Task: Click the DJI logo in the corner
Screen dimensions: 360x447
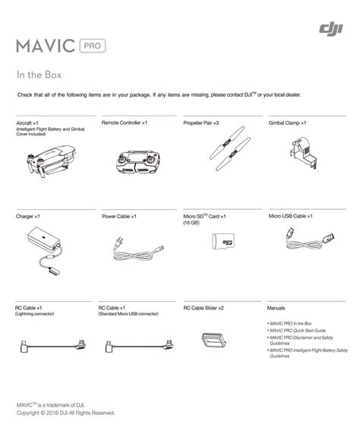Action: [x=331, y=29]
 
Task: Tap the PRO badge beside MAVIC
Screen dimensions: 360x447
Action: [x=93, y=46]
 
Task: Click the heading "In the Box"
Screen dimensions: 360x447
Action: [x=39, y=75]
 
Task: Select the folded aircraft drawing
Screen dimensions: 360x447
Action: [x=51, y=161]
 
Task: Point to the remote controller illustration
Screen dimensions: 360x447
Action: [x=138, y=162]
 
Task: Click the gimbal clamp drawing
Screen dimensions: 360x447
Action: [x=302, y=152]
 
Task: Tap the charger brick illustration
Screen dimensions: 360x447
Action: [x=43, y=239]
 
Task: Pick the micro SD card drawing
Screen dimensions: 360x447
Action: [x=223, y=241]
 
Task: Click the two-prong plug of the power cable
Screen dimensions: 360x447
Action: [x=118, y=243]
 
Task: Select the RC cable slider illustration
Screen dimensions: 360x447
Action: [x=214, y=340]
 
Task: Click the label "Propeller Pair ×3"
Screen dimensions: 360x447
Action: [x=201, y=123]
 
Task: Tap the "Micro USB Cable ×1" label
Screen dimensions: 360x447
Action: [x=290, y=216]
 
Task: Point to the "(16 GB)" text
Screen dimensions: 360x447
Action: [x=191, y=223]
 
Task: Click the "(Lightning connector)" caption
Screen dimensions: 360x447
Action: [x=34, y=314]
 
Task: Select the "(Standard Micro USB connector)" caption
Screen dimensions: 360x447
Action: [x=128, y=314]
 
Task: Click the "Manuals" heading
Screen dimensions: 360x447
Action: [x=276, y=308]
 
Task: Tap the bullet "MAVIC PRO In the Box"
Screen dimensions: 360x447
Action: [x=290, y=324]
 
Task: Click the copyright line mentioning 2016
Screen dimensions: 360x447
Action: [x=66, y=413]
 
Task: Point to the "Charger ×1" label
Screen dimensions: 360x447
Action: [x=28, y=217]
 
